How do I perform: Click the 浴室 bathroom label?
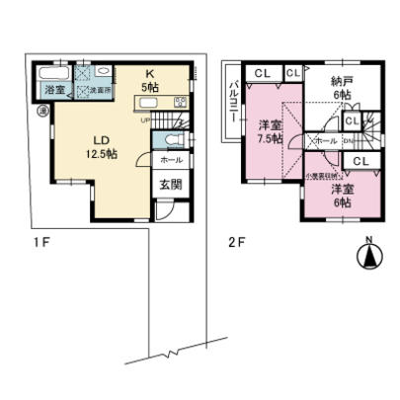tap(52, 91)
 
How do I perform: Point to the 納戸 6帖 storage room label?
tap(342, 86)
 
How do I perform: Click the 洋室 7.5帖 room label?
tap(270, 130)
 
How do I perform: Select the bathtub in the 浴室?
tap(51, 75)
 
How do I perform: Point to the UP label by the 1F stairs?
tap(147, 121)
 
